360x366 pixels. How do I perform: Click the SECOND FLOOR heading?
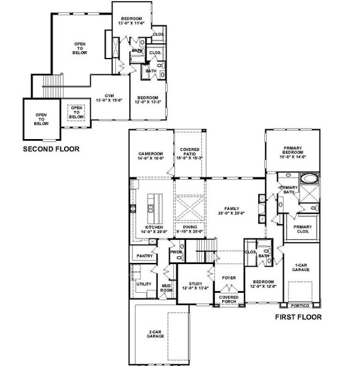(51, 148)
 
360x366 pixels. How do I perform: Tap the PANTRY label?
(145, 256)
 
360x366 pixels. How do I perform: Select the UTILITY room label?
(144, 284)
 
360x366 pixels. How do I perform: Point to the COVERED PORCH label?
(228, 298)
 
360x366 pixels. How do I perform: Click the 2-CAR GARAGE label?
(155, 334)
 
